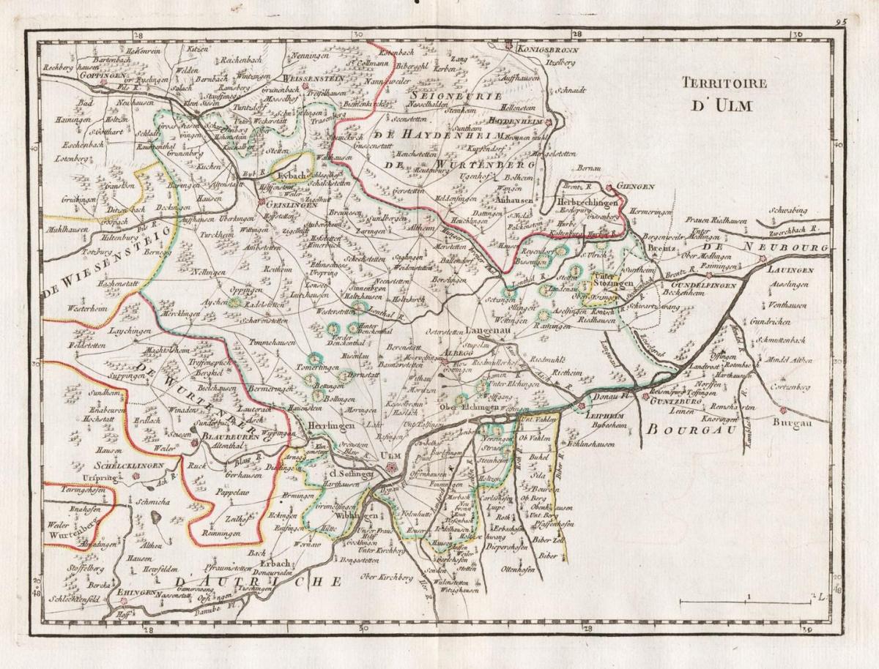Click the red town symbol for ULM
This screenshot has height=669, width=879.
pyautogui.click(x=391, y=466)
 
